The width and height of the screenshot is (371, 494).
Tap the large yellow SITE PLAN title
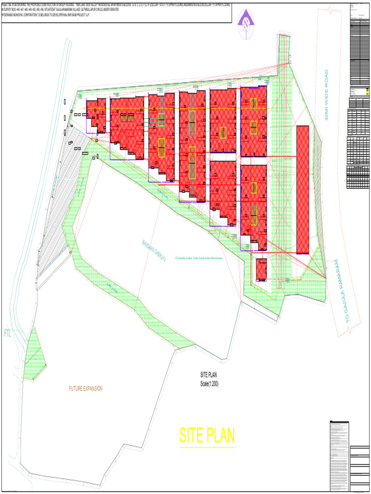coord(207,436)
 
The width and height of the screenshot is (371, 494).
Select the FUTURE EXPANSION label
coord(86,389)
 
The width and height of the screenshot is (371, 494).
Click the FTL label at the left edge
coord(8,333)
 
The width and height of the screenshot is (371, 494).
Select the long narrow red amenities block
coord(302,189)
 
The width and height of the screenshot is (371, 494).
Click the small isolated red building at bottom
coord(261,269)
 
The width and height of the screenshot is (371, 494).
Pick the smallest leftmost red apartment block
coord(96,115)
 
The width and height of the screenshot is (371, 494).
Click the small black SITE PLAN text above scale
coord(209,374)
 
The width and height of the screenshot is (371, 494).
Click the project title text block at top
coord(116,10)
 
